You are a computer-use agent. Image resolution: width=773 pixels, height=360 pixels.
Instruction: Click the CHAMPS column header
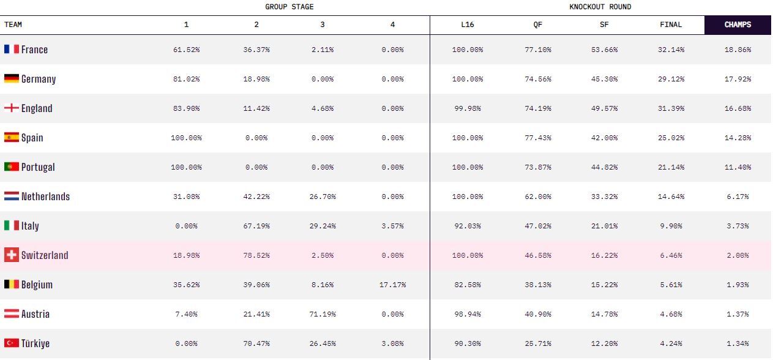pos(738,24)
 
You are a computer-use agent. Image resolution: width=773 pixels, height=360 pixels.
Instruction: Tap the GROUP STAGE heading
pos(289,7)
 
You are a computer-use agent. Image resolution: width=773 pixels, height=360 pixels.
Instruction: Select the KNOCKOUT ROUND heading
pos(600,7)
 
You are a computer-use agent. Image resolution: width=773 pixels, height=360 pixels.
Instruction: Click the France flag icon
pos(12,49)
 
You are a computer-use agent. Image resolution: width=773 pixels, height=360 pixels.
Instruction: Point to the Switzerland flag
pos(12,255)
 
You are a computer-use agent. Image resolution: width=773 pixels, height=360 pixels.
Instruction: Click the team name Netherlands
pos(45,197)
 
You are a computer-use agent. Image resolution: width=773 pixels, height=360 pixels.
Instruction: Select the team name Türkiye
pos(35,343)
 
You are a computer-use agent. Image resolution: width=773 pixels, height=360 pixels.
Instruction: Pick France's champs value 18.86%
pos(738,50)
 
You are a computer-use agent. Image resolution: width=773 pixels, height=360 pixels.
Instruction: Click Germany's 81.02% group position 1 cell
pos(186,79)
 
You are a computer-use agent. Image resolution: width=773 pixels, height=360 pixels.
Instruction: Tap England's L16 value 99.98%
pos(468,108)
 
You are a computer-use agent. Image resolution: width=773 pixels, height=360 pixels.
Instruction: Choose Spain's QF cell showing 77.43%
pos(537,138)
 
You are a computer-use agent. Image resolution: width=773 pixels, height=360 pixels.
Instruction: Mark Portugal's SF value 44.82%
pos(604,167)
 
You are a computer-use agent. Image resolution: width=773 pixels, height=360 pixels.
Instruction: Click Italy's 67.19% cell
pos(256,226)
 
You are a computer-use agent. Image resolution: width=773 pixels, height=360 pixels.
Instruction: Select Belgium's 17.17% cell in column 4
pos(392,285)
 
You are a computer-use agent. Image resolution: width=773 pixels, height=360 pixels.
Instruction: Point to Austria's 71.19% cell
pos(323,314)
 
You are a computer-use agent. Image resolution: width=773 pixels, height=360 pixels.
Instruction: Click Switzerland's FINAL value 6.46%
pos(671,255)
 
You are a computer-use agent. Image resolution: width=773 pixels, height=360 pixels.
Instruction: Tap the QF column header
pos(537,24)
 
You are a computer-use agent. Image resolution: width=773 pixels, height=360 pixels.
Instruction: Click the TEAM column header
pos(13,24)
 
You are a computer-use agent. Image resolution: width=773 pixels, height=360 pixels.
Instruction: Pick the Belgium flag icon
pos(12,285)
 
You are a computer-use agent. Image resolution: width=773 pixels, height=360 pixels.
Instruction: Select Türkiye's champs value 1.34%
pos(738,343)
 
